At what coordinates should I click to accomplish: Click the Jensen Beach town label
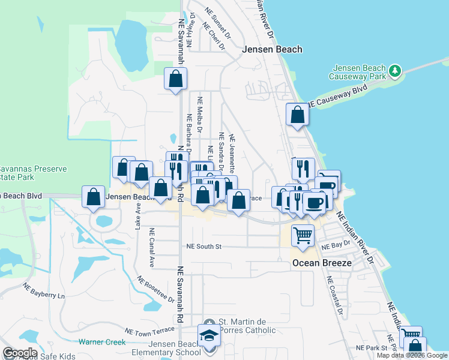point(272,50)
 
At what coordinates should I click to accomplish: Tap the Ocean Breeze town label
point(316,263)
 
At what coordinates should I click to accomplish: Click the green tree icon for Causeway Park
point(395,71)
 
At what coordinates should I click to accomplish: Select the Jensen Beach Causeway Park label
point(358,72)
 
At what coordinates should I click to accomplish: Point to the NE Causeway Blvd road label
point(336,96)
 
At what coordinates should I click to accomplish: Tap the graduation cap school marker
point(209,337)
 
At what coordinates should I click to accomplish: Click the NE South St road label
point(204,247)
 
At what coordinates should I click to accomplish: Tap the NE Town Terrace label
point(149,331)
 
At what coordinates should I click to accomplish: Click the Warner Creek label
point(102,343)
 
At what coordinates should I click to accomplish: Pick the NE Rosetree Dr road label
point(155,290)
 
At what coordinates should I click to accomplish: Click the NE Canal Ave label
point(152,247)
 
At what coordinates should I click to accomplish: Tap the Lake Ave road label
point(138,215)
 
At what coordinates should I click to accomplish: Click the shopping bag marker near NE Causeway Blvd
point(297,113)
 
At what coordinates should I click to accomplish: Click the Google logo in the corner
point(20,353)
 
